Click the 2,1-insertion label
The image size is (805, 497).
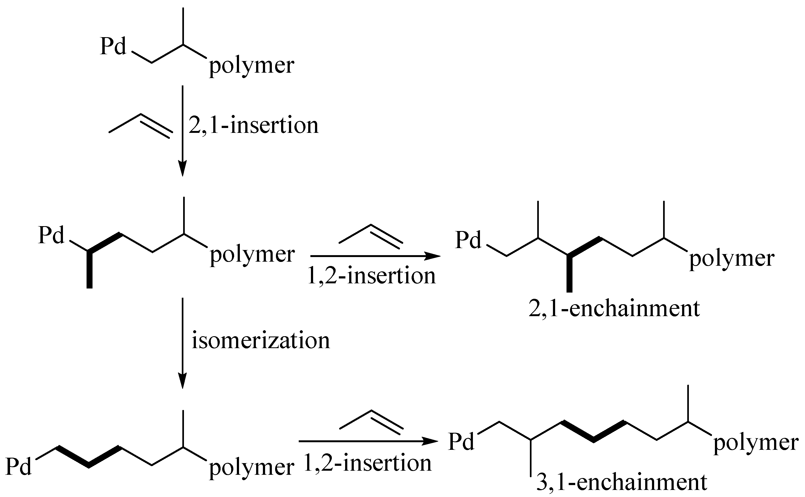[253, 126]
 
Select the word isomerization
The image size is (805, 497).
[260, 341]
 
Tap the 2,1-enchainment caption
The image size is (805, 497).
[614, 309]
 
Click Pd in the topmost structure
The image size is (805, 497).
[113, 47]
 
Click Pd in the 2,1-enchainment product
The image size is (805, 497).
[468, 240]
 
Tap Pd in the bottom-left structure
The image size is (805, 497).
[19, 467]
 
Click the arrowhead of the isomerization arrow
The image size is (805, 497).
[183, 382]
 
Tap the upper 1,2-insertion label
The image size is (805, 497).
[371, 276]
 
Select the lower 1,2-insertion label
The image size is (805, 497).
[367, 463]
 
